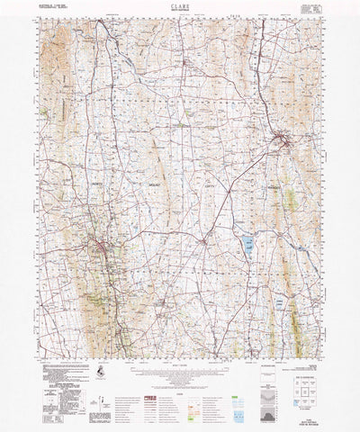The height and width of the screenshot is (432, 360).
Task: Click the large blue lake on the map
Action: [x=244, y=242]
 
